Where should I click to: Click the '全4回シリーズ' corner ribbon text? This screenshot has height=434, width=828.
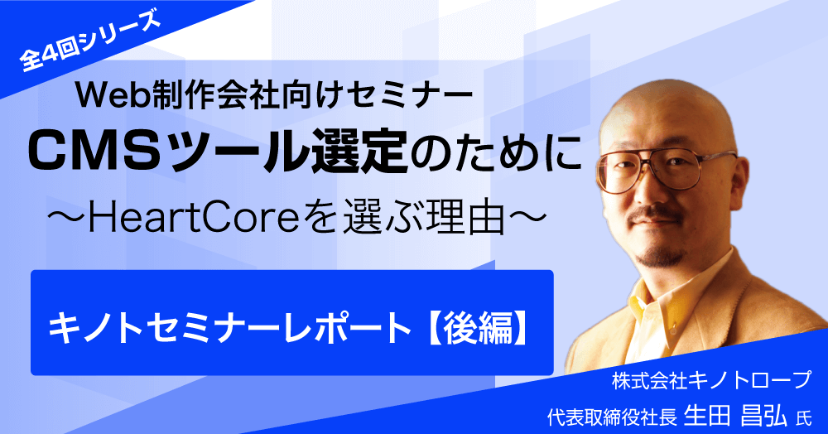point(89,41)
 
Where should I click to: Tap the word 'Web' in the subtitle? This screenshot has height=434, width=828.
point(108,94)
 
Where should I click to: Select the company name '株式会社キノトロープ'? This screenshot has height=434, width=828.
point(711,381)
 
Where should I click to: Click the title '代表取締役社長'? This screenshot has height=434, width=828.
point(612,417)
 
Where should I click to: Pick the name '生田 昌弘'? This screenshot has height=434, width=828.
point(735,416)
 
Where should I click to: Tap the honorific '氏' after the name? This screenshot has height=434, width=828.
point(803,418)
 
